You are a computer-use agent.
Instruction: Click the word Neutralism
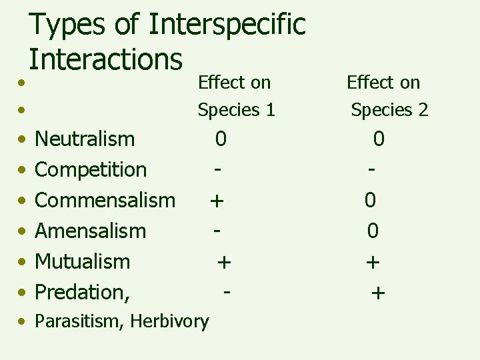tap(85, 139)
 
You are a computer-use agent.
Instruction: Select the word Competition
tap(91, 169)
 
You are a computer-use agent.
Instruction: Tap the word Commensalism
tap(105, 200)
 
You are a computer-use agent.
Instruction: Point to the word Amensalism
tap(90, 231)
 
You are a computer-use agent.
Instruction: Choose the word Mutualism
tap(82, 261)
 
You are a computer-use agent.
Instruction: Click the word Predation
tap(81, 292)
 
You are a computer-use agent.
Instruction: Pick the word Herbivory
tap(169, 321)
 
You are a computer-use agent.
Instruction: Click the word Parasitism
tap(79, 321)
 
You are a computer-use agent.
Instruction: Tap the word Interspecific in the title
tap(227, 24)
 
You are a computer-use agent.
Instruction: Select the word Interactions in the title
tap(105, 59)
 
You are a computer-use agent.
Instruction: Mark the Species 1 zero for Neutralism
tap(221, 139)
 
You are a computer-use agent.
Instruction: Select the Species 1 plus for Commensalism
tap(216, 200)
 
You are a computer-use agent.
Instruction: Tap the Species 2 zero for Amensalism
tap(373, 231)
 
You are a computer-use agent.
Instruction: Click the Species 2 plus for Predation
tap(378, 292)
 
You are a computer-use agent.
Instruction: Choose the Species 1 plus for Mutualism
tap(224, 261)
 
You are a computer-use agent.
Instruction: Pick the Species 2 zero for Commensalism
tap(370, 200)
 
